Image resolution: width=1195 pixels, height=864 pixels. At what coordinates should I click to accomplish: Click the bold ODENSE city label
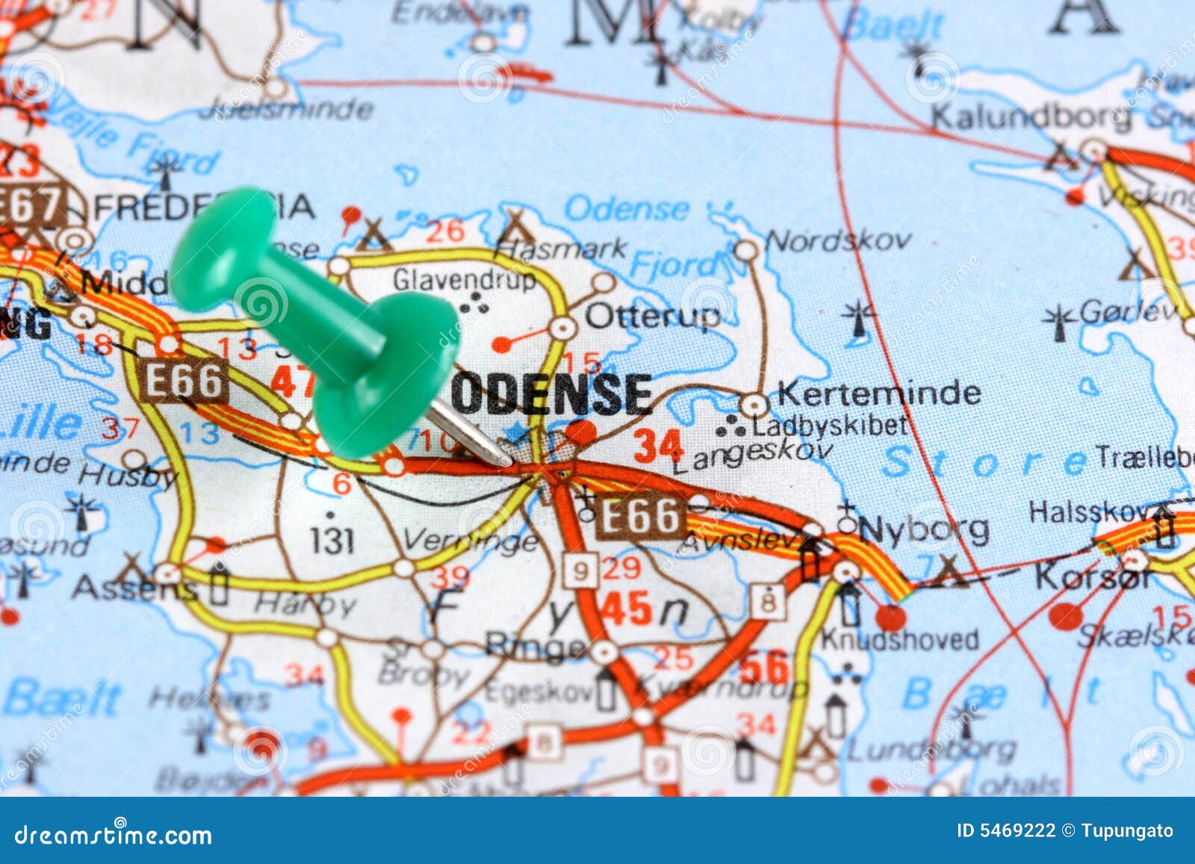click(x=551, y=394)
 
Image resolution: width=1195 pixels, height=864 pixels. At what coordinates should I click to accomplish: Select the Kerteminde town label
click(x=879, y=393)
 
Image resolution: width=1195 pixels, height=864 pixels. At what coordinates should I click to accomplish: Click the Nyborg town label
click(x=924, y=530)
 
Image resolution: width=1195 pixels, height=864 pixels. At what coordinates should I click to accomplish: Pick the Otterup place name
click(x=653, y=317)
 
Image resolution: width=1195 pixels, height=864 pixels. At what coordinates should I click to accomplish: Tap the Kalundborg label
click(x=1030, y=117)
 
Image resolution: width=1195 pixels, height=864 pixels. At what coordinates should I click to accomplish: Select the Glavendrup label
click(x=464, y=280)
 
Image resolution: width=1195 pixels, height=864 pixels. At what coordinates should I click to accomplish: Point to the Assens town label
click(x=135, y=588)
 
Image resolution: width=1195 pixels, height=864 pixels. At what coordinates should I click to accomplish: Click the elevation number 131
click(x=331, y=541)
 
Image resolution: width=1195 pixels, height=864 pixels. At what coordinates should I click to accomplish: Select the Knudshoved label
click(x=899, y=639)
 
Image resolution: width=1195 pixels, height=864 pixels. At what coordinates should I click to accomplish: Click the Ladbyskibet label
click(x=830, y=426)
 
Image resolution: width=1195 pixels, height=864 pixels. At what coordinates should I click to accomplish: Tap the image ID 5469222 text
click(x=1006, y=830)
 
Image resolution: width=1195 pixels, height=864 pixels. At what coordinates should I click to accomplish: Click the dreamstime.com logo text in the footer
click(x=114, y=834)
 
